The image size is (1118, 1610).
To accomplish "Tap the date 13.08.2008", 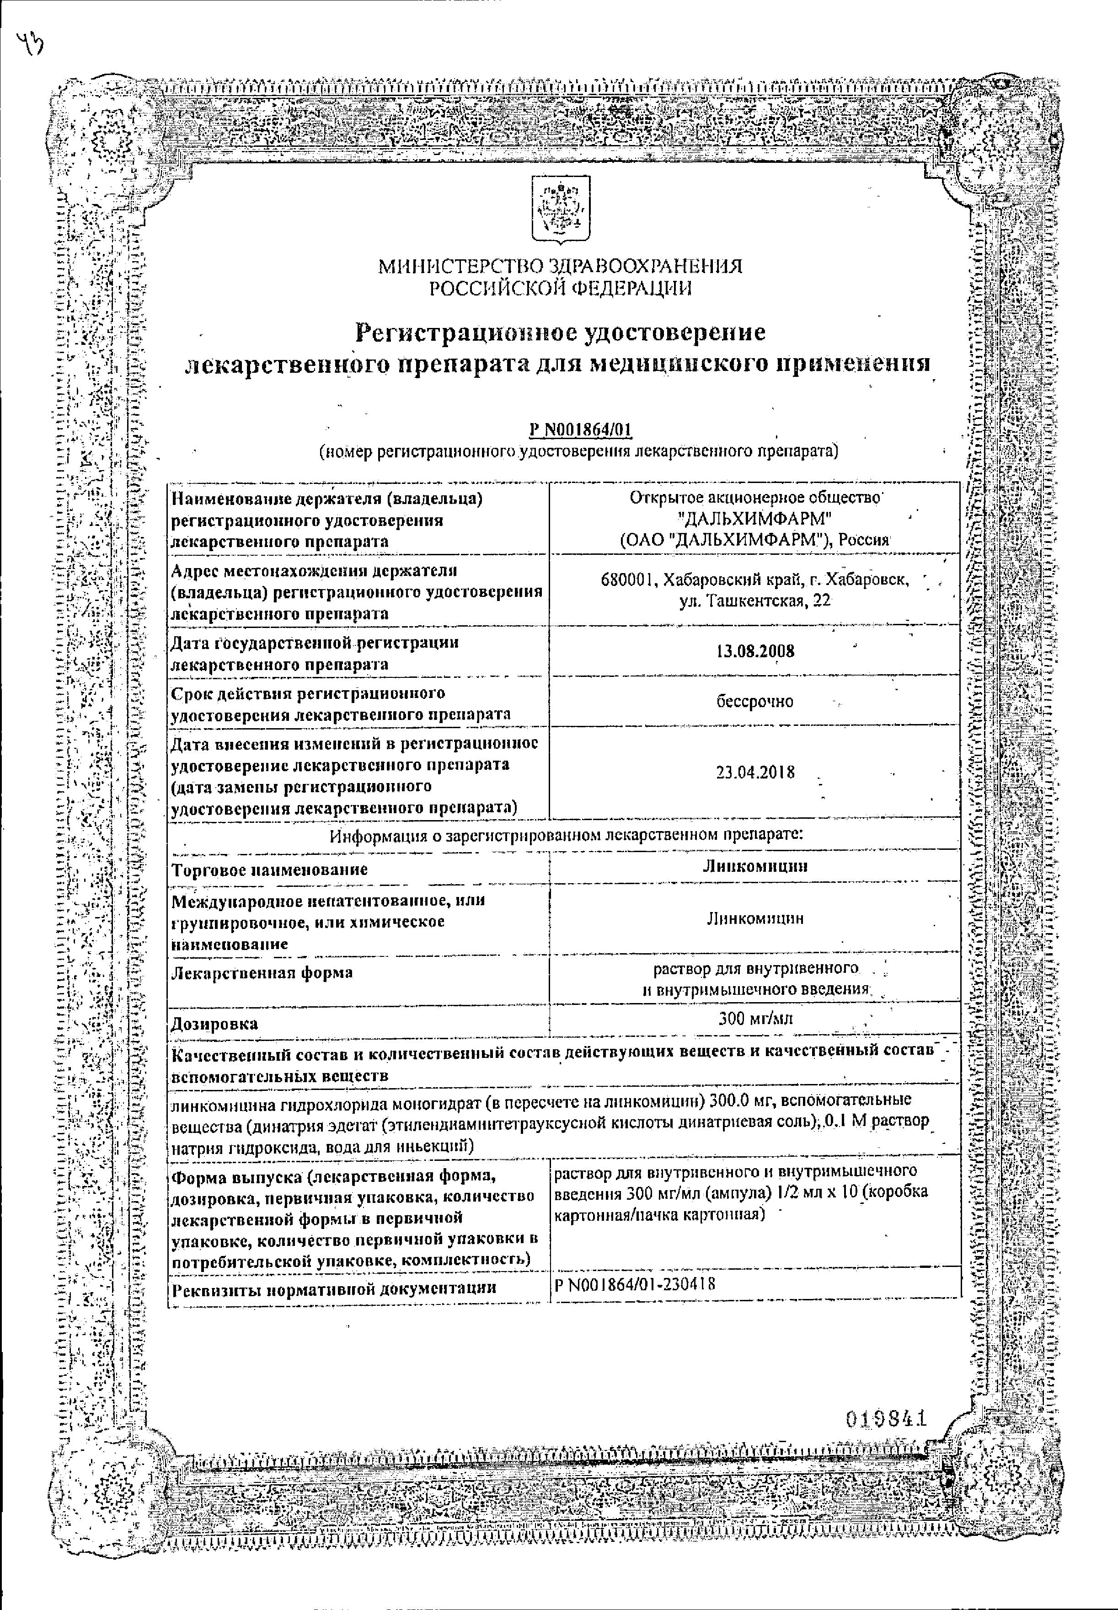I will pos(755,651).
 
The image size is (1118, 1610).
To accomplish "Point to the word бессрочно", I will pos(754,701).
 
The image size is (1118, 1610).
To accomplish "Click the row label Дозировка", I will pos(214,1024).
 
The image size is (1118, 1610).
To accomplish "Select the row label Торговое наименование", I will pos(270,869).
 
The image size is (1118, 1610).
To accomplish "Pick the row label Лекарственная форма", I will pos(262,972).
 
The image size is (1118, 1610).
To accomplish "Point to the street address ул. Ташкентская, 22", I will pos(754,601).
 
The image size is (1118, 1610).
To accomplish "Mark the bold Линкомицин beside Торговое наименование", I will pos(755,865).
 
